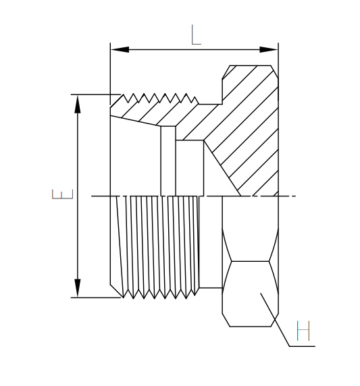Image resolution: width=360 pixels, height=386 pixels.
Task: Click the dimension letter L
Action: (x=196, y=34)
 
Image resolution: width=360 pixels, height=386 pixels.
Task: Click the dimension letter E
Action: (x=62, y=194)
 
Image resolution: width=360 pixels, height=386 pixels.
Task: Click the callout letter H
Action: (x=303, y=331)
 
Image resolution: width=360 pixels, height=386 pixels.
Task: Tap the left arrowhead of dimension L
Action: (x=120, y=49)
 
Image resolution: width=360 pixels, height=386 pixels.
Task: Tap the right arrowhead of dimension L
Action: (x=269, y=49)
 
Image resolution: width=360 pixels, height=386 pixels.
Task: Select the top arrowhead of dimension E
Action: (x=78, y=104)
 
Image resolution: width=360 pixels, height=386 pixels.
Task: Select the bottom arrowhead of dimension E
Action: (x=78, y=288)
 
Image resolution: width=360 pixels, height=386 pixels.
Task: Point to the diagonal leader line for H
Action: (x=275, y=320)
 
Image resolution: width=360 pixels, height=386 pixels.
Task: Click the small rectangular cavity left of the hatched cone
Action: (x=190, y=168)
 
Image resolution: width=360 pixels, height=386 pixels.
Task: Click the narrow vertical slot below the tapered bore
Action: (x=168, y=161)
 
